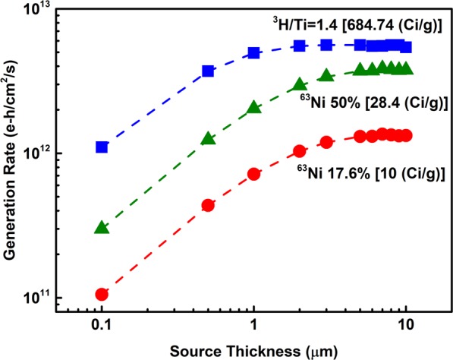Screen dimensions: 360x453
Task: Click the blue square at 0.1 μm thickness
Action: pyautogui.click(x=102, y=147)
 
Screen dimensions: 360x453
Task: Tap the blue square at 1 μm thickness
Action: pyautogui.click(x=254, y=53)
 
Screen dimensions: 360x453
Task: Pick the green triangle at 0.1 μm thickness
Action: pyautogui.click(x=102, y=227)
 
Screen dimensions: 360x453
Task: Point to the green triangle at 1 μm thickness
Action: pyautogui.click(x=254, y=108)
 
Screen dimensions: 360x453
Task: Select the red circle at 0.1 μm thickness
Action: pyautogui.click(x=102, y=294)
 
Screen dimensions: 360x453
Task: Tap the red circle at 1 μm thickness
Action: pyautogui.click(x=254, y=174)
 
